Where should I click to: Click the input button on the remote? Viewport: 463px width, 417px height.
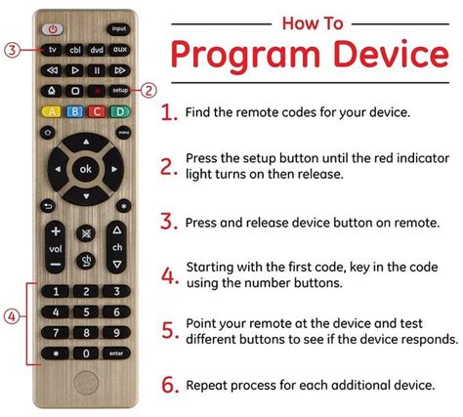click(119, 29)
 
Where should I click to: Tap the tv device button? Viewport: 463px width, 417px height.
click(54, 50)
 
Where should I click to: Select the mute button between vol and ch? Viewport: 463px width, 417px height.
click(87, 234)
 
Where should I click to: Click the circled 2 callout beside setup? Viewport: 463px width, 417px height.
click(149, 89)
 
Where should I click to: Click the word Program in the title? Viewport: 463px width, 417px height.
click(244, 57)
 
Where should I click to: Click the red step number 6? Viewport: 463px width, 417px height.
click(170, 385)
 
